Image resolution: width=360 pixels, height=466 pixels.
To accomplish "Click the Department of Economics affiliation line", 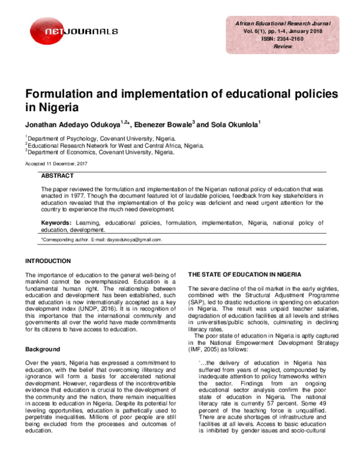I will (101, 153).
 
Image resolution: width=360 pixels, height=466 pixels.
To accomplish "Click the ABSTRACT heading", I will (58, 176).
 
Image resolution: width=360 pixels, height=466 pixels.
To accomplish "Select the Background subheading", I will (43, 349).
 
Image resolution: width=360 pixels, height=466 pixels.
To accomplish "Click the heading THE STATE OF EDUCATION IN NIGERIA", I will (250, 274).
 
